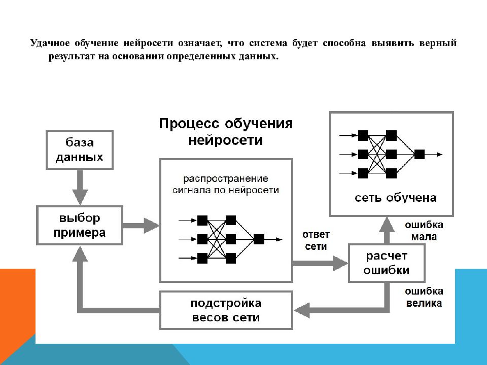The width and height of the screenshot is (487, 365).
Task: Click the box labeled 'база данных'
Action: [79, 150]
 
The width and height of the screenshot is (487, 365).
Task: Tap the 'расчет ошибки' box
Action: [386, 263]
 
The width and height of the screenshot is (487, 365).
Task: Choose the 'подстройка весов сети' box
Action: [226, 310]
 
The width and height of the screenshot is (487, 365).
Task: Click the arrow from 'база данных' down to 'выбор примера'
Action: [79, 187]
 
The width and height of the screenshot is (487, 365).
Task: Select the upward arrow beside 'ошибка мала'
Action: [387, 230]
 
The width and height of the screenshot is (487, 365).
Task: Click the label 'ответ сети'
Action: [316, 241]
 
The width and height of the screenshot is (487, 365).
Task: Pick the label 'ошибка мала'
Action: [424, 231]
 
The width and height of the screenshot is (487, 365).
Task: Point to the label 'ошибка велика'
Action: [424, 298]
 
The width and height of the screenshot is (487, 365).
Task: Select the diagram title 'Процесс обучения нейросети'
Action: [226, 132]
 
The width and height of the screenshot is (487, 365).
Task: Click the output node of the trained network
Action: [419, 154]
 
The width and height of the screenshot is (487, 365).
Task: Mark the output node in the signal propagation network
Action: [259, 239]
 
